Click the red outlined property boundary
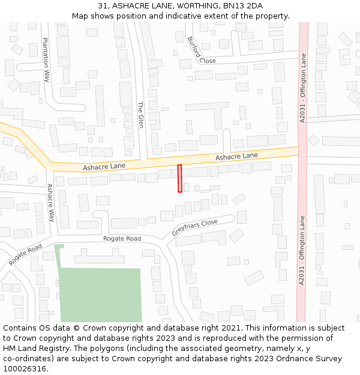[x=179, y=178]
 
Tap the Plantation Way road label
[x=46, y=59]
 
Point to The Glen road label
[x=141, y=114]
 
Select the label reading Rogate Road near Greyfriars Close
[x=122, y=239]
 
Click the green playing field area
[x=100, y=294]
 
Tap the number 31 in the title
[x=103, y=6]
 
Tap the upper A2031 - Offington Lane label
[x=303, y=88]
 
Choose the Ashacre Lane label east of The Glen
[x=236, y=157]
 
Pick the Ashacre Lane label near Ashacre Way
[x=104, y=166]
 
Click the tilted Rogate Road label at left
[x=25, y=254]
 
